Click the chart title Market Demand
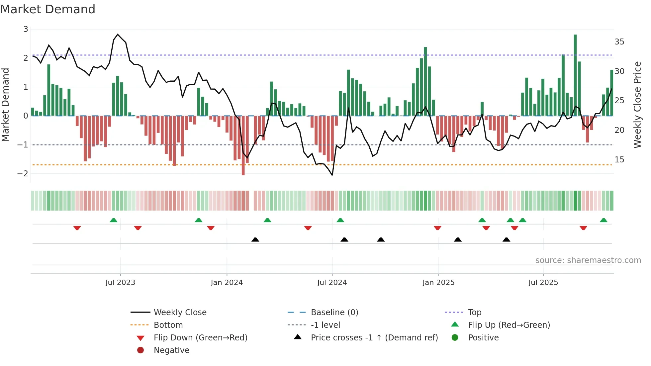(x=48, y=9)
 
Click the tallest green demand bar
(x=575, y=75)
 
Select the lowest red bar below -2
(x=243, y=145)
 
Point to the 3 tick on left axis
(x=26, y=29)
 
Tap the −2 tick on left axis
(x=23, y=174)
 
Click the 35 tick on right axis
(x=619, y=42)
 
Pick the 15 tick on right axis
(x=619, y=160)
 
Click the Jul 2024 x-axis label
(x=332, y=283)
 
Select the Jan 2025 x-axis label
(x=438, y=283)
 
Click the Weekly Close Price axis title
(x=637, y=105)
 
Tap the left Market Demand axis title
(x=5, y=105)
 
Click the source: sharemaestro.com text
(x=588, y=260)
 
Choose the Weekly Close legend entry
(x=180, y=313)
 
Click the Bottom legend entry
(x=168, y=325)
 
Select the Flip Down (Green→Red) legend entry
(x=200, y=338)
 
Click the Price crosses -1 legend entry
(x=374, y=338)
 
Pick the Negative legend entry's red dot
(x=140, y=350)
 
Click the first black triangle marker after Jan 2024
(x=255, y=239)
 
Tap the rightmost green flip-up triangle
(x=604, y=220)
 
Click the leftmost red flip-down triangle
(x=77, y=228)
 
